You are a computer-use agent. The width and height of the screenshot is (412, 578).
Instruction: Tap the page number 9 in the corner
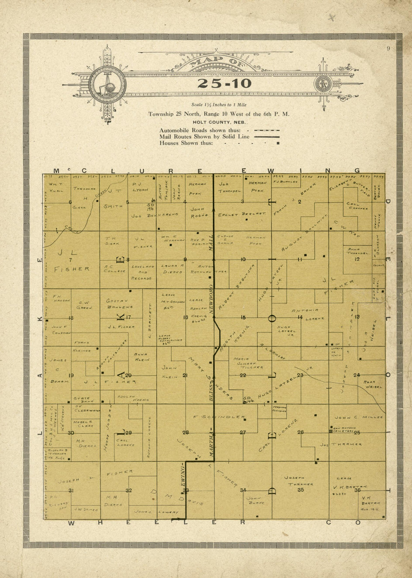click(x=389, y=48)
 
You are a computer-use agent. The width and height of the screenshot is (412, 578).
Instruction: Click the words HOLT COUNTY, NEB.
click(x=219, y=122)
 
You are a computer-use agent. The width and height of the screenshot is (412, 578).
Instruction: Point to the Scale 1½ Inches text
click(x=219, y=105)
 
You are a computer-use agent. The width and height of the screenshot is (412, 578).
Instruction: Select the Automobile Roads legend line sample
click(x=267, y=130)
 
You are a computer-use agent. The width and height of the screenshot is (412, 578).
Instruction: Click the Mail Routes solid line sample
click(x=267, y=137)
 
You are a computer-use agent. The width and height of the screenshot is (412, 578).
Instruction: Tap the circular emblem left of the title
click(x=107, y=85)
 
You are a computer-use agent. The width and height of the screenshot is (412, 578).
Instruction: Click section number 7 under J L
click(x=70, y=260)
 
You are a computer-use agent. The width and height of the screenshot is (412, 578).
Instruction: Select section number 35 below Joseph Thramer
click(x=300, y=490)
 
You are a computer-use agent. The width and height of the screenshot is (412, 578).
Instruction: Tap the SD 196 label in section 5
click(x=151, y=207)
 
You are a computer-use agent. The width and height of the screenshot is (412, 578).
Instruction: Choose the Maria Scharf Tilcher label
click(x=248, y=363)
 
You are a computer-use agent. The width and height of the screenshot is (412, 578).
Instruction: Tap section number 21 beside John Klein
click(x=185, y=375)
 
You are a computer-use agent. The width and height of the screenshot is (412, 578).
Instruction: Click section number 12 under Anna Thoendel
click(x=357, y=259)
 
